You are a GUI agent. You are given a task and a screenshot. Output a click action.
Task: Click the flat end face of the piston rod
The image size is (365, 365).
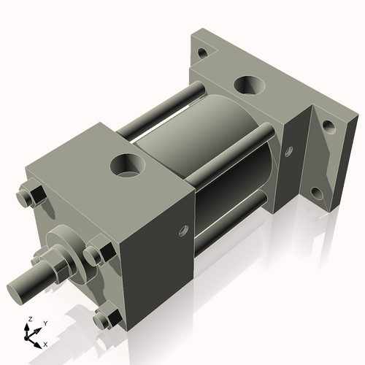pos(18,286)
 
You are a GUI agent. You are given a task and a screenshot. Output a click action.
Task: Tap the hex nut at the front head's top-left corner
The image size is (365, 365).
pos(33,199)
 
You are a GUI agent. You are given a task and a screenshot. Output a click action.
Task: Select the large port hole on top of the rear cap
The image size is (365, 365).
pos(251,85)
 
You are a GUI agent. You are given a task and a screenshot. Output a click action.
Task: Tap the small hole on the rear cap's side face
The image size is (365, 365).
pos(288,153)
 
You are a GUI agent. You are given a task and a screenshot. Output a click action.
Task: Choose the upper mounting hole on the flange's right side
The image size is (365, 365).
pos(329,126)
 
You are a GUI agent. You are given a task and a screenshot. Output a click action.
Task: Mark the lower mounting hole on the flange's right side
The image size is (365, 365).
pos(316,194)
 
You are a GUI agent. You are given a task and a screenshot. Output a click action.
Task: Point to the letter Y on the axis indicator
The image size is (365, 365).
pos(45,323)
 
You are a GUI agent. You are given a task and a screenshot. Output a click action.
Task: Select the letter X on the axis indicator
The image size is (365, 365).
pos(45,343)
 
